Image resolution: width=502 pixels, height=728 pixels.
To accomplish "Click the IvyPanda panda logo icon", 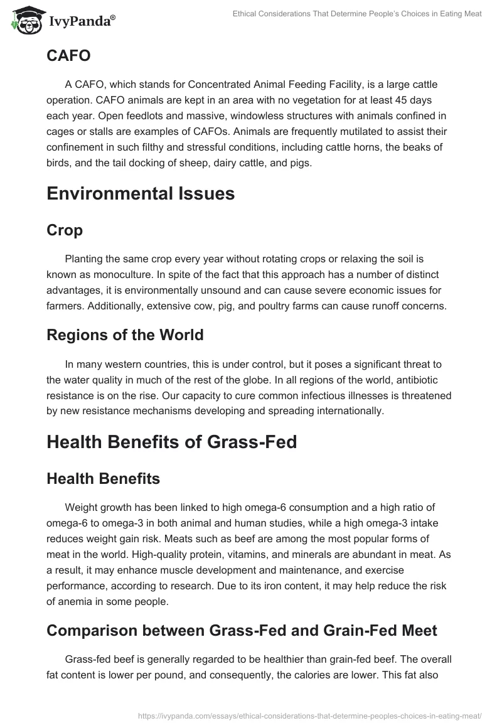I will (x=24, y=19).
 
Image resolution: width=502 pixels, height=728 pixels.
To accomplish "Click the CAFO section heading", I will (x=68, y=56).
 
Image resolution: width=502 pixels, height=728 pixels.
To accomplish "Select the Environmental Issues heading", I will (x=141, y=194).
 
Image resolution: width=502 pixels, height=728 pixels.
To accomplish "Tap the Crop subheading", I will (x=65, y=230).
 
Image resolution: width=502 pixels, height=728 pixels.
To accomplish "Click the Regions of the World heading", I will (x=125, y=335).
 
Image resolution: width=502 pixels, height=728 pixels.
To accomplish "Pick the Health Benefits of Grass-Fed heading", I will (x=171, y=442).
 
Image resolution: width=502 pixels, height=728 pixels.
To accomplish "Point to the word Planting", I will (x=85, y=259).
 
